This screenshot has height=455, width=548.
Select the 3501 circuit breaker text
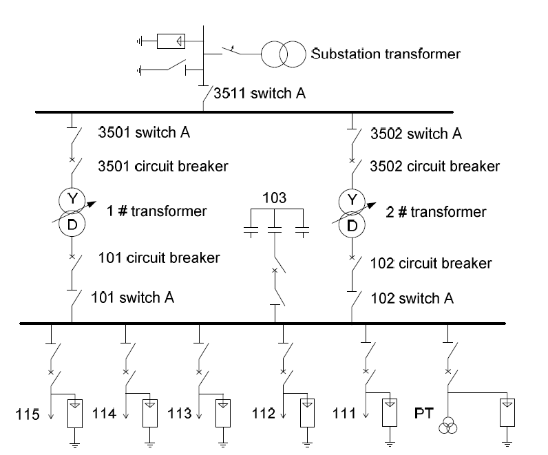tap(163, 166)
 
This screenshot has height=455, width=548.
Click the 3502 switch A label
tap(416, 134)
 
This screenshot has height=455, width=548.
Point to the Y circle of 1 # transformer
tap(72, 200)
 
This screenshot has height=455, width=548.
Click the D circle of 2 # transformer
tap(352, 224)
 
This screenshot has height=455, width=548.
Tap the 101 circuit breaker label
tap(159, 258)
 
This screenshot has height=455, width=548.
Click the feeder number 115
tap(29, 414)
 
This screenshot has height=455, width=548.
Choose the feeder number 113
tap(179, 414)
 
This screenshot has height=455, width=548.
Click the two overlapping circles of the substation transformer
tap(282, 53)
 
